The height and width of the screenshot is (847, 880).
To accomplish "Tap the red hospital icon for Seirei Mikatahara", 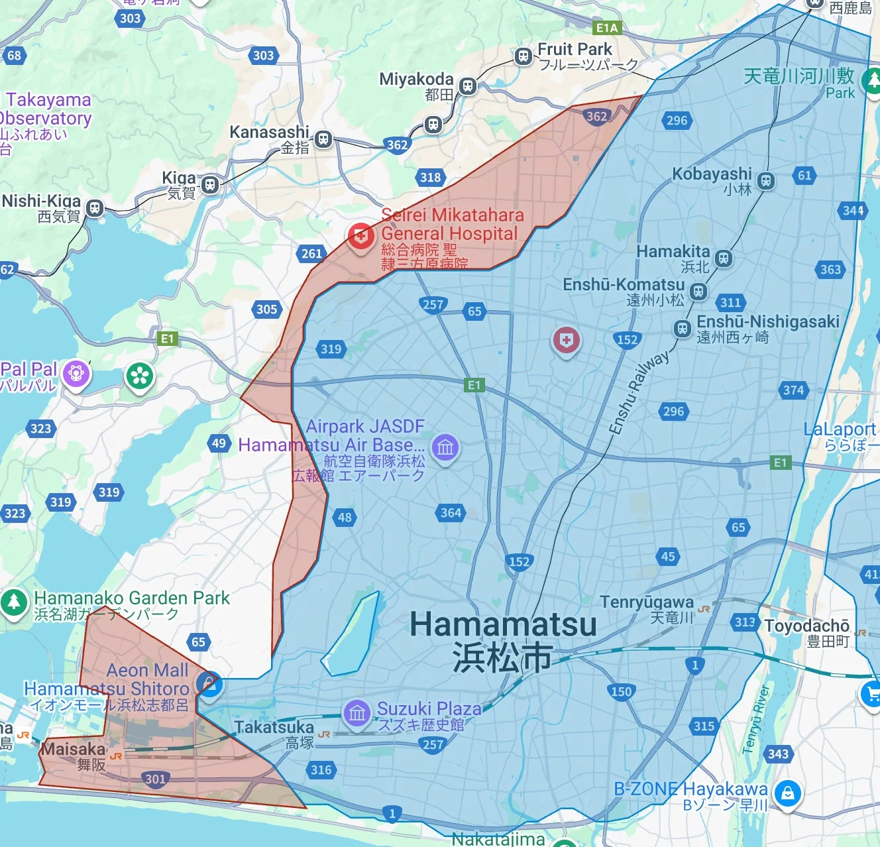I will [360, 236].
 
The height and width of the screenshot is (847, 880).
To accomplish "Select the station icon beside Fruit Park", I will [523, 56].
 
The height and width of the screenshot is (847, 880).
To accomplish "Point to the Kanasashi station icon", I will [323, 139].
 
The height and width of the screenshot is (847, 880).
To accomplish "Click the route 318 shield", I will [430, 177].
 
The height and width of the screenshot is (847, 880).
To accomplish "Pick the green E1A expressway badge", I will [607, 28].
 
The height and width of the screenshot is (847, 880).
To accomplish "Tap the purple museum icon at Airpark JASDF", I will [445, 447].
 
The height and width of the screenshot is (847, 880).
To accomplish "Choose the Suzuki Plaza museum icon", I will [357, 713].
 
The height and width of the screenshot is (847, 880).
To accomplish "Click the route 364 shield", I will [451, 512].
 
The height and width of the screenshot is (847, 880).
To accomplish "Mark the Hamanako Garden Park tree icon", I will [13, 602].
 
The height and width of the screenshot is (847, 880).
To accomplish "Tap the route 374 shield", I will [793, 390].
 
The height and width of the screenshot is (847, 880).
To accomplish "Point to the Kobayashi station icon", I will [766, 180].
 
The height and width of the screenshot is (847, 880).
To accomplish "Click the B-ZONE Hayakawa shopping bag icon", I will [787, 793].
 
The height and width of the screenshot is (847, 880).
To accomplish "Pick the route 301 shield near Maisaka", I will [155, 779].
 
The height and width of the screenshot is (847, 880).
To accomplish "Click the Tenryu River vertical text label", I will [755, 719].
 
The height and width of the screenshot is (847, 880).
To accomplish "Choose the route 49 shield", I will [219, 443].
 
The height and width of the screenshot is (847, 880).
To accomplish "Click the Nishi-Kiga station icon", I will [95, 208].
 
